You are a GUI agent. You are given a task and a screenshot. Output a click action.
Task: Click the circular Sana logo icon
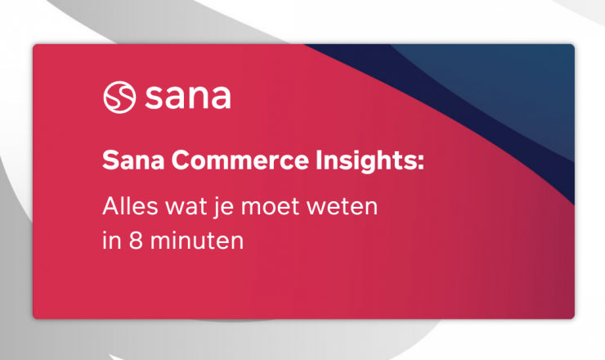pos(119,97)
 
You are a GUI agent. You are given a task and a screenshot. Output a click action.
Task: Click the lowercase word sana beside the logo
pos(188,97)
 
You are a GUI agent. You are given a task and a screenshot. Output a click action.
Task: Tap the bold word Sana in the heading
pos(133,160)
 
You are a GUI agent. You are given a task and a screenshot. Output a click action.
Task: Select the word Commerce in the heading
pos(240,160)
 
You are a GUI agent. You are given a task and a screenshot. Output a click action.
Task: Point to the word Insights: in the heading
pos(370,160)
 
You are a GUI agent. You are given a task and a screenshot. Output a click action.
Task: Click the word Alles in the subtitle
pos(131,206)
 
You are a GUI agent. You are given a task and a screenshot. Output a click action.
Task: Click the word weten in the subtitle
pos(343,207)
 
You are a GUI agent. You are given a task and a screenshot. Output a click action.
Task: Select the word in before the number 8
pos(112,241)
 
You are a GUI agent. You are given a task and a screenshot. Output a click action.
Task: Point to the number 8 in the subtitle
pos(136,241)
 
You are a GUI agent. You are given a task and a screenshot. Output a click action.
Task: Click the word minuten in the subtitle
pos(197,241)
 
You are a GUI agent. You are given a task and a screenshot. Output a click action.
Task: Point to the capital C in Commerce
pos(181,160)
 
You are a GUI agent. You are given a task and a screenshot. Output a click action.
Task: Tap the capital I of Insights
pos(318,160)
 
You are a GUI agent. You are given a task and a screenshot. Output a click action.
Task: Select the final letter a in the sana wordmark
pos(222,99)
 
